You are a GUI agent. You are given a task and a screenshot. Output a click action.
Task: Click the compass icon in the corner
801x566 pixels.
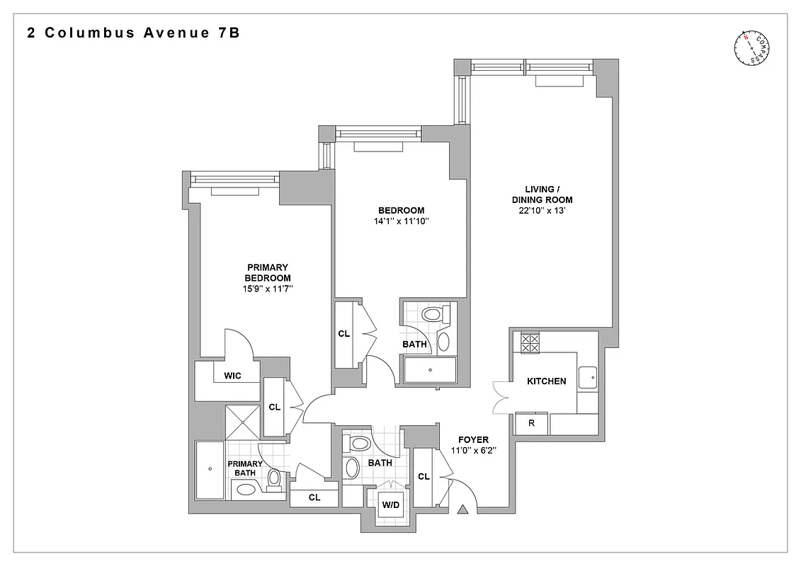point(752,50)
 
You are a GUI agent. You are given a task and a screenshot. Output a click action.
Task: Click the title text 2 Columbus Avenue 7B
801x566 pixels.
point(132,33)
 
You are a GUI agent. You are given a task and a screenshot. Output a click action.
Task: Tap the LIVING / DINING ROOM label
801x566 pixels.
point(542,194)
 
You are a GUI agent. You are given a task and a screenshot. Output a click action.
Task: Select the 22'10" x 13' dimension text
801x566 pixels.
point(542,212)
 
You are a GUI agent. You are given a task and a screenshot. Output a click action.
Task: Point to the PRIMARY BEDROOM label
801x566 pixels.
point(267,272)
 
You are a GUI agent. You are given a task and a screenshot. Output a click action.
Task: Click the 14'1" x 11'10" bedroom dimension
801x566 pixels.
point(401,221)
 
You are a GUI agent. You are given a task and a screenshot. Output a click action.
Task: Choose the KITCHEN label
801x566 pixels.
point(546,381)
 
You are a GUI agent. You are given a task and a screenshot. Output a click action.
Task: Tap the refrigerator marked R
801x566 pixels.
point(531,423)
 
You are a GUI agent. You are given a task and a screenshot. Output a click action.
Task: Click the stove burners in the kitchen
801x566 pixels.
point(530,343)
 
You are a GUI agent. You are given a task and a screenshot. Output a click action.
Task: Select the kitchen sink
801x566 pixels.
point(587,377)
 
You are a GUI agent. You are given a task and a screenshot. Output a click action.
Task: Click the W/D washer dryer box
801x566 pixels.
point(390,506)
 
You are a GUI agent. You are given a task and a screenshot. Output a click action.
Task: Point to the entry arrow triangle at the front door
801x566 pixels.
point(463,509)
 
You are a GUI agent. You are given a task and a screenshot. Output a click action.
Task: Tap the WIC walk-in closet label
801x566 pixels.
point(232,376)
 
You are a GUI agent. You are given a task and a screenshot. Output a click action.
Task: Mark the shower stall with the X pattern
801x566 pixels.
point(243,422)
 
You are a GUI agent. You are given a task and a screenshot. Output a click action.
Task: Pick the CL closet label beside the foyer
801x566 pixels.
point(424,477)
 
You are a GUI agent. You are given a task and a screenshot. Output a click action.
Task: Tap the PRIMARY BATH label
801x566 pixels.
point(245,468)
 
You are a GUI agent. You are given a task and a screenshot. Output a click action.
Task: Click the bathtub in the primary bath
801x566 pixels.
point(210,469)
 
